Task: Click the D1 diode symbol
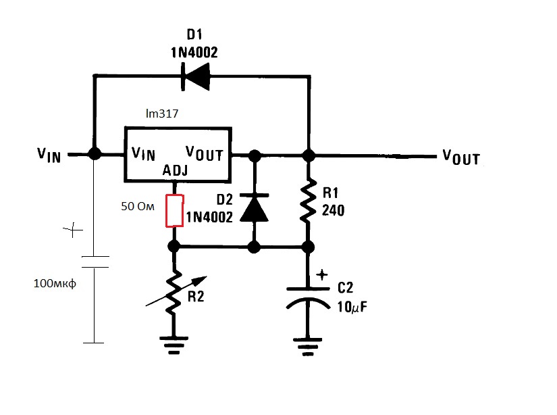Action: (195, 76)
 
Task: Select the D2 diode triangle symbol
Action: (254, 208)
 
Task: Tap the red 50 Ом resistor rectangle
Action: (174, 210)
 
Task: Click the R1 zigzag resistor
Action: (309, 201)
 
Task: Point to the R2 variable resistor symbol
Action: (174, 291)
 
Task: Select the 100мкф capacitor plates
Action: (95, 262)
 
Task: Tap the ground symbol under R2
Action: (174, 345)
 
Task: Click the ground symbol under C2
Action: (308, 347)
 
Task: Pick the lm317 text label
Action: (162, 114)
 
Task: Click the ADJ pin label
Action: (175, 171)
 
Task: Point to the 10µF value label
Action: (352, 307)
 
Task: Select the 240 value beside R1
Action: (334, 210)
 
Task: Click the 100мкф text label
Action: (55, 283)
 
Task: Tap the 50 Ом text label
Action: (138, 206)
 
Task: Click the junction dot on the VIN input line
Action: (95, 154)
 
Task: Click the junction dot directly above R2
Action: (174, 246)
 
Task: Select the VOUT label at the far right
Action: (461, 157)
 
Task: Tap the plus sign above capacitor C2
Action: (322, 274)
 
